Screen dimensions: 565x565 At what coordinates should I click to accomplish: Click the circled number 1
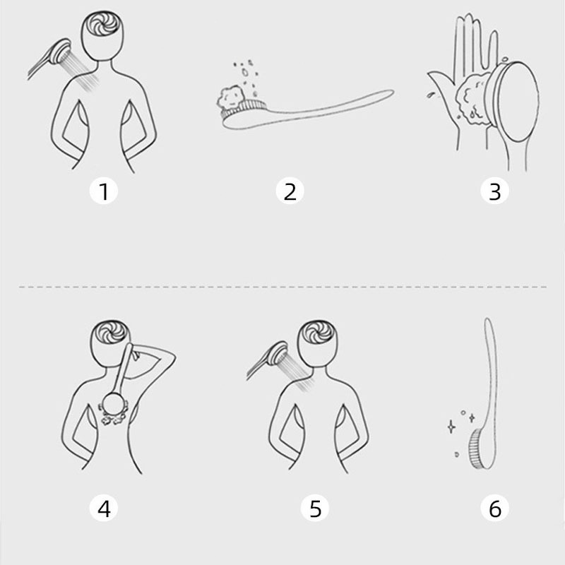pos(104,191)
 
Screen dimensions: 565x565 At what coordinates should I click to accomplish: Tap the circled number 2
pos(290,191)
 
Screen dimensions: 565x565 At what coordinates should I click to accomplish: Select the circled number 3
pos(495,191)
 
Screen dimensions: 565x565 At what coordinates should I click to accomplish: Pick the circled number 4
pos(104,509)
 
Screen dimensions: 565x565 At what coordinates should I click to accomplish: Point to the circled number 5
pos(315,509)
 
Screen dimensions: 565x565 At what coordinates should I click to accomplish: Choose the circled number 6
pos(495,509)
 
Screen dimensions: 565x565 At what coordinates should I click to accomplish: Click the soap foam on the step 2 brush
pos(230,97)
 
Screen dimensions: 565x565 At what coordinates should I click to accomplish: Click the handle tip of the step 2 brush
pos(391,93)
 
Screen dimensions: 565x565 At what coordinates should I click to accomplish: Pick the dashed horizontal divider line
pos(283,287)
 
